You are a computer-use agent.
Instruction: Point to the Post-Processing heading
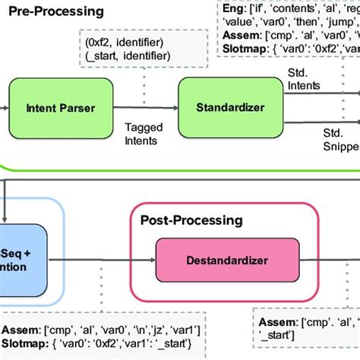[x=191, y=220]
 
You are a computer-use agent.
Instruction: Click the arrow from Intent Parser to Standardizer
[x=144, y=108]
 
